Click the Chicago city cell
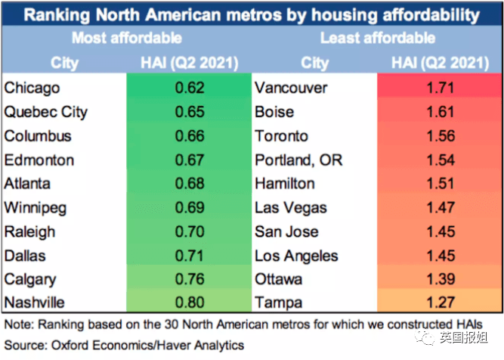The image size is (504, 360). pyautogui.click(x=32, y=88)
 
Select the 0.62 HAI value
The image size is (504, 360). pyautogui.click(x=189, y=88)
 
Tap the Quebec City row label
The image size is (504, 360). pyautogui.click(x=46, y=113)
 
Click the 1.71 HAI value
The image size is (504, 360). pyautogui.click(x=440, y=88)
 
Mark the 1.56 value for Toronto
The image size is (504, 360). pyautogui.click(x=440, y=136)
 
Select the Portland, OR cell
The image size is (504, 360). pyautogui.click(x=298, y=160)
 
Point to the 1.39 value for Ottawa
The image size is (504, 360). pyautogui.click(x=440, y=280)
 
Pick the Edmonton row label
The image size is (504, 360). pyautogui.click(x=39, y=160)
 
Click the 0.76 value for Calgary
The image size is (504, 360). pyautogui.click(x=189, y=280)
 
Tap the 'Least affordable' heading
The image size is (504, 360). pyautogui.click(x=377, y=38)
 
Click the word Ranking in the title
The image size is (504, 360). pyautogui.click(x=55, y=14)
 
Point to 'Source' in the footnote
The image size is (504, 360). pyautogui.click(x=23, y=346)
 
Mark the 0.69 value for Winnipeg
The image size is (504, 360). pyautogui.click(x=189, y=208)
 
